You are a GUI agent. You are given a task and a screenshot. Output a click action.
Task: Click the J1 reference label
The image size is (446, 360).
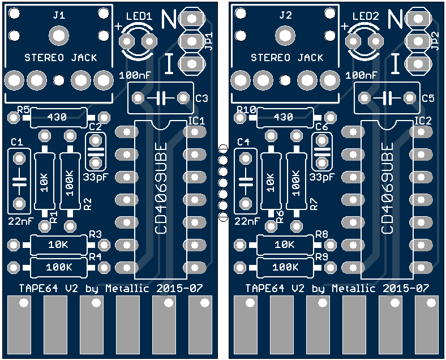pos(58,16)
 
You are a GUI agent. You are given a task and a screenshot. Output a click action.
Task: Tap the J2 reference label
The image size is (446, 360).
pos(285,16)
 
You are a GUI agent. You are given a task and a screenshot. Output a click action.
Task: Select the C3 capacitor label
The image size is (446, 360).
pos(201,98)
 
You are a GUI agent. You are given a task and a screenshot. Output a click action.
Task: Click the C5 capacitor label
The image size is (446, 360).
pos(428,98)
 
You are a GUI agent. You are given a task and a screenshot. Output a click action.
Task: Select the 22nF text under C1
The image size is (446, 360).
pos(22,221)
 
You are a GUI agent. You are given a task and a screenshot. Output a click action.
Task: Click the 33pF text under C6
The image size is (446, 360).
pos(322,177)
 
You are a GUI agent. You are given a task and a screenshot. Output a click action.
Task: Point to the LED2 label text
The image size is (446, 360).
pos(365,17)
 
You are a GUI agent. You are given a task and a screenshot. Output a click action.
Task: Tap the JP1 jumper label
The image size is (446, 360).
pos(208,41)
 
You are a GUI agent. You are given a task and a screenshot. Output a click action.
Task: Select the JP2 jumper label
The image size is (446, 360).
pos(435,41)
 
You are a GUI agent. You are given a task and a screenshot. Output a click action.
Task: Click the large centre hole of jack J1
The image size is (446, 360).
pos(58,37)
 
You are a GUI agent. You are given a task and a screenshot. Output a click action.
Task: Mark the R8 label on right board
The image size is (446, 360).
pos(321,234)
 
